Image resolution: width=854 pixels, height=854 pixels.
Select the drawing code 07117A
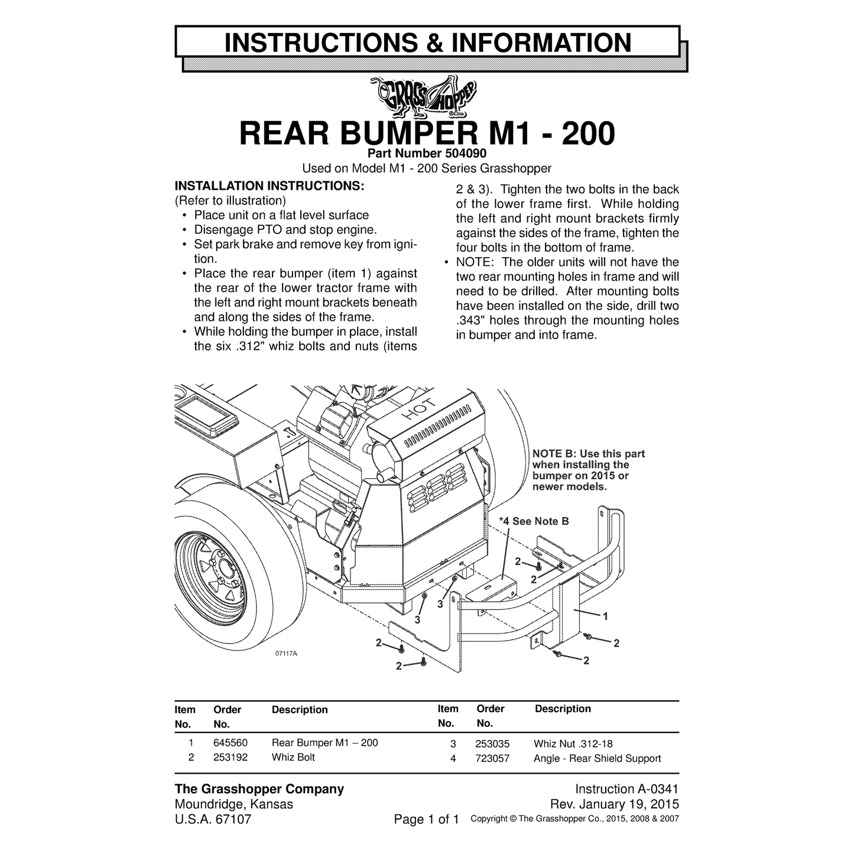[286, 653]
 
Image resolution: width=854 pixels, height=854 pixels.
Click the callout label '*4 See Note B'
[534, 521]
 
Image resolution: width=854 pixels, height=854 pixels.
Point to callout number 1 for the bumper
[605, 616]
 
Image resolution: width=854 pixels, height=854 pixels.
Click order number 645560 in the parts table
[230, 742]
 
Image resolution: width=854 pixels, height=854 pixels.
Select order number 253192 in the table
[230, 757]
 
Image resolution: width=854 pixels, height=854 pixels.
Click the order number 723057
[492, 758]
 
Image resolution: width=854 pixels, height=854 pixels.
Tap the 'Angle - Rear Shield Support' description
[598, 758]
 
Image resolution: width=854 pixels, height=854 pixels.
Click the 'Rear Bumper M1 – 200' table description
[325, 742]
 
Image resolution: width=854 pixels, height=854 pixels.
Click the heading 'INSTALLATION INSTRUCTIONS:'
[269, 186]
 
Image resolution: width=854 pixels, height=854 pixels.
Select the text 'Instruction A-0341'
[626, 789]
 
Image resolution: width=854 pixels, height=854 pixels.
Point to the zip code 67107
[233, 819]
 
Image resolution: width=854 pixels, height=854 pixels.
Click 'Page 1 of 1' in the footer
[426, 819]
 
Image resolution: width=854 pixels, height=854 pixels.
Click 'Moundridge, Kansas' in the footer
[234, 804]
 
